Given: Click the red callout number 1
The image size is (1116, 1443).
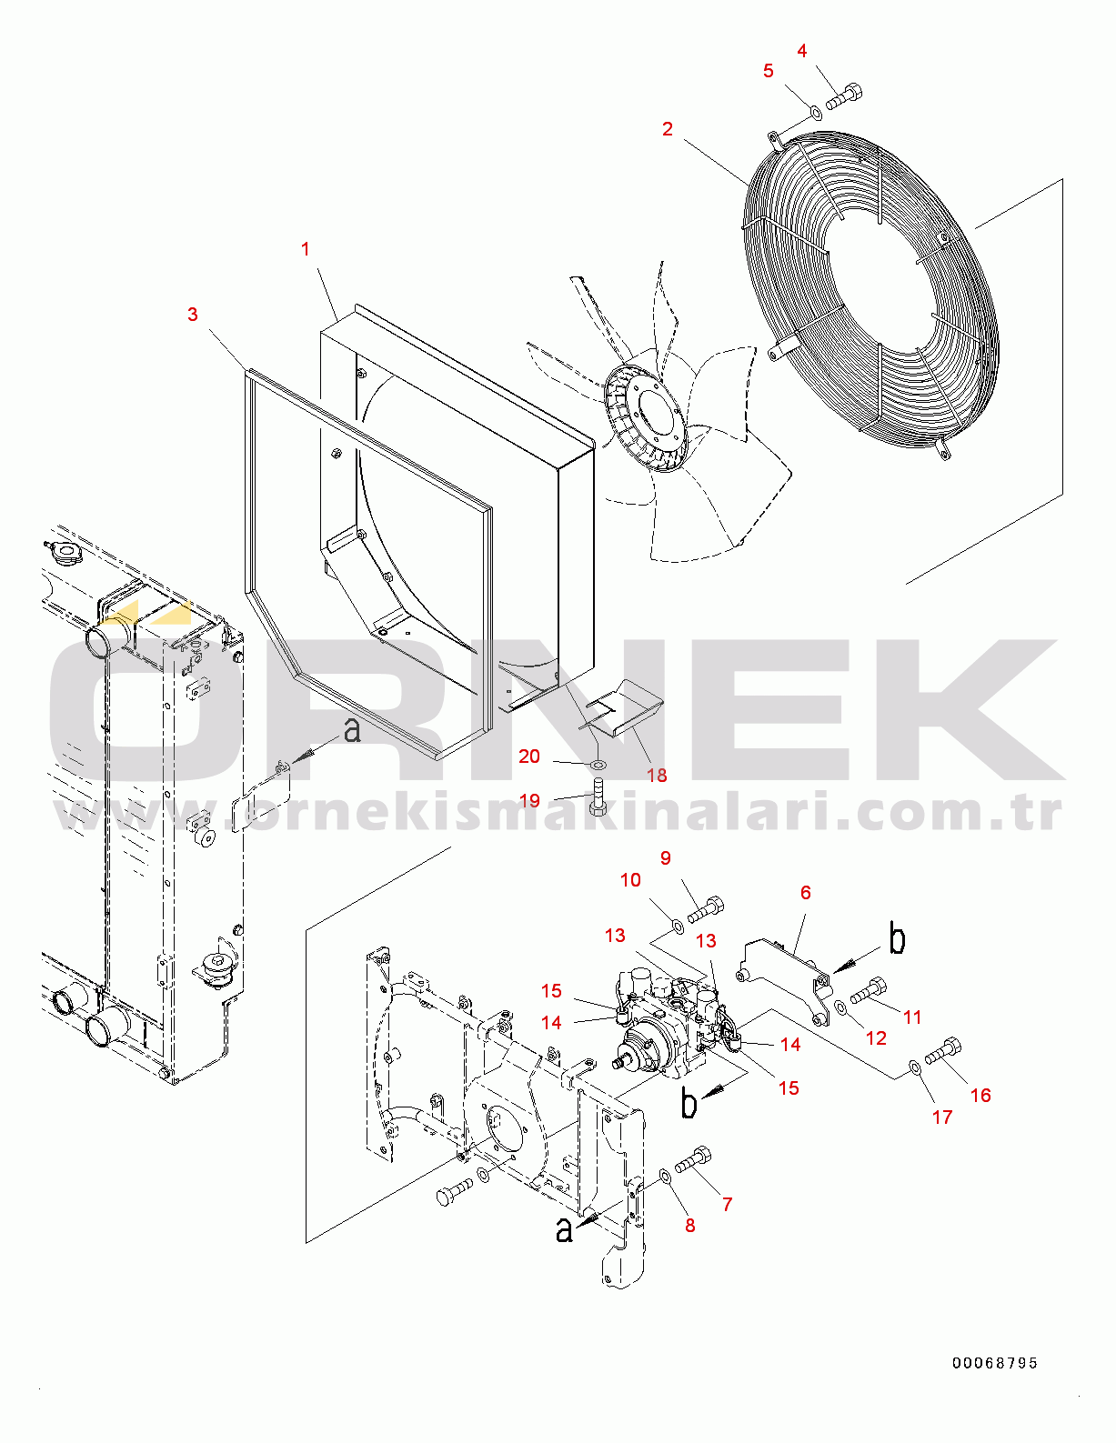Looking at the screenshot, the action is coord(306,249).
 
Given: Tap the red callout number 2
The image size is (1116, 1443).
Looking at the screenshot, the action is coord(668,129).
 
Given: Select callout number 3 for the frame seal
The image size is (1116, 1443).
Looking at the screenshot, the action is coord(193,314).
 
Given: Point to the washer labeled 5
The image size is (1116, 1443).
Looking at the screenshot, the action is coord(815,112).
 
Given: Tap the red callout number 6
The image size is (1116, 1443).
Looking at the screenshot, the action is coord(806,893).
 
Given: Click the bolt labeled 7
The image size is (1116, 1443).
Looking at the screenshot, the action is coord(693,1161).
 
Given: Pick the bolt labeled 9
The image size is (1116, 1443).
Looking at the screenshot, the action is coord(705,909).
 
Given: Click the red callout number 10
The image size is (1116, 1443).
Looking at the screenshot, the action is coord(630,880).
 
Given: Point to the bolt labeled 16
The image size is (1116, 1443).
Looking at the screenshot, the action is coord(942,1050).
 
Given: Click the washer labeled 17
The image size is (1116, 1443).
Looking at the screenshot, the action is coord(915,1067).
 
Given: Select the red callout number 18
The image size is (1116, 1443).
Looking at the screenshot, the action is coord(657,775).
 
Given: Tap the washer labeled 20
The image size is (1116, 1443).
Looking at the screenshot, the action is coord(598,766).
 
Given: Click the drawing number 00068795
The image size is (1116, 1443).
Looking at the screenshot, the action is coord(995,1363).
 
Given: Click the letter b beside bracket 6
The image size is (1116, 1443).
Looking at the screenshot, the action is coord(898,941).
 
